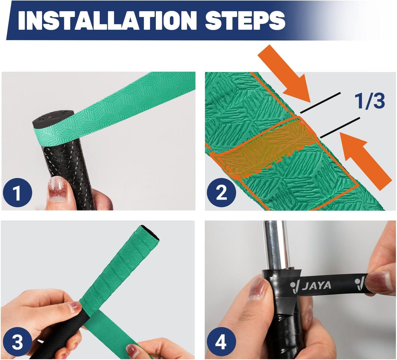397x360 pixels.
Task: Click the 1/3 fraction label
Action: pyautogui.click(x=370, y=101)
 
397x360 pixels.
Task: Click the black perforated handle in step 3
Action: pyautogui.click(x=66, y=330)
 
